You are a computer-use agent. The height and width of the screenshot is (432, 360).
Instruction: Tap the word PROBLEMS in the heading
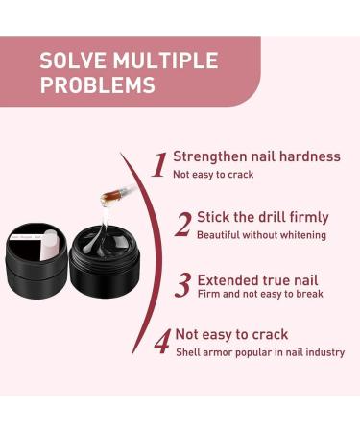[97, 84]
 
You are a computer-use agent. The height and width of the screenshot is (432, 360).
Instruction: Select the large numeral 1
[159, 165]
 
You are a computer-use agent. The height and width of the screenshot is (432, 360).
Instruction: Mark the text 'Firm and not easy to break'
[260, 295]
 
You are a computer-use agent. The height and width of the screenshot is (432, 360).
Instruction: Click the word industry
[324, 352]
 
